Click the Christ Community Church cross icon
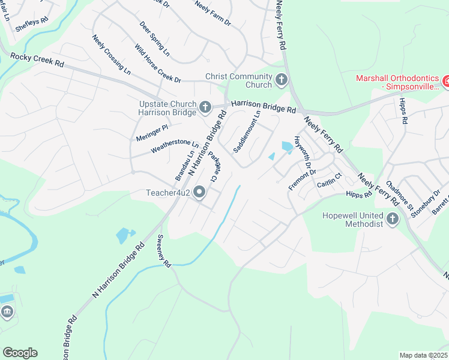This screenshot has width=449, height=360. (282, 79)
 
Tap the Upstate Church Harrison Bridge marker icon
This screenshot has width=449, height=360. (205, 107)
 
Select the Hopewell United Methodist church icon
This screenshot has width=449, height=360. (393, 219)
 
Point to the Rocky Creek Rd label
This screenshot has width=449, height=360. (37, 59)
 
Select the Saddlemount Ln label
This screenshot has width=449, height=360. (247, 131)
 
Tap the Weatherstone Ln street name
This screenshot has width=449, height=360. (175, 146)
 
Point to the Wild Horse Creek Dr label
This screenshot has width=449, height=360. (157, 64)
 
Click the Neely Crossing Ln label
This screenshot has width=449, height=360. (111, 54)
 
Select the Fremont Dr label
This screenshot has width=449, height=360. (301, 179)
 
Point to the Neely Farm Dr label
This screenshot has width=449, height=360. (212, 13)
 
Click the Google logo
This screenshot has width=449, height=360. (20, 353)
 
